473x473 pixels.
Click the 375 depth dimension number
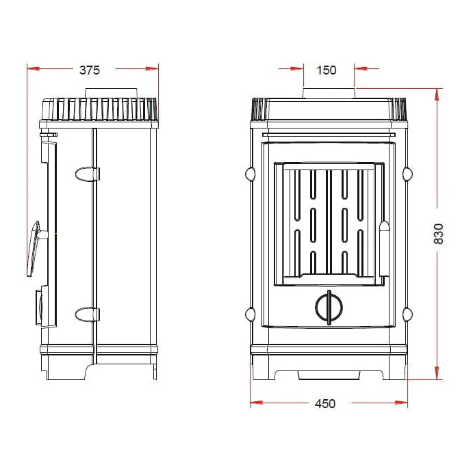[x=90, y=70]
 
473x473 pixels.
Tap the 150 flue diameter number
[x=327, y=70]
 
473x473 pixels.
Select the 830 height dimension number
[x=438, y=234]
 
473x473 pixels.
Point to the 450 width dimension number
[x=325, y=403]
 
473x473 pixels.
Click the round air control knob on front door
[x=329, y=308]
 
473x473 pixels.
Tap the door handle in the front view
[x=384, y=249]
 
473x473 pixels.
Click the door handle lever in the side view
[x=34, y=249]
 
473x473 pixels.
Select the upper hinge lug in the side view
[x=87, y=174]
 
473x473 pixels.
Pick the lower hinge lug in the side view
[x=87, y=314]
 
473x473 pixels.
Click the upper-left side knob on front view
[x=250, y=174]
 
